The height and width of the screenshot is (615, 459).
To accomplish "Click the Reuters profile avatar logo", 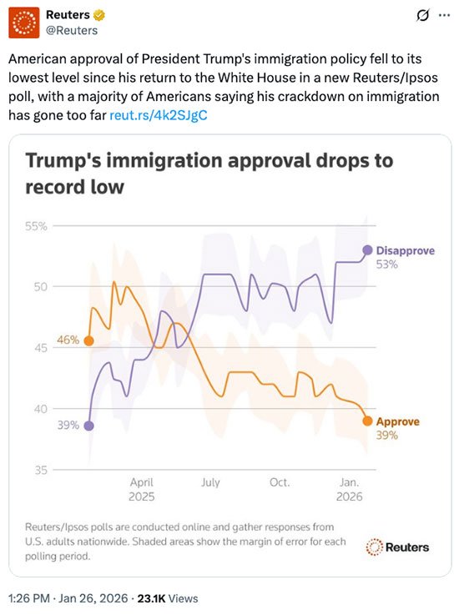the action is click(24, 23).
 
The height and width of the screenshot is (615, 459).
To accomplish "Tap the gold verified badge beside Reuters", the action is click(99, 15).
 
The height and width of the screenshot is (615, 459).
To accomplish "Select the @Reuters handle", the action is click(72, 31).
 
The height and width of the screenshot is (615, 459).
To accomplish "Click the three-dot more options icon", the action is click(444, 15).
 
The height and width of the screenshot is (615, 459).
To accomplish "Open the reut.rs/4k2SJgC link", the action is click(158, 115).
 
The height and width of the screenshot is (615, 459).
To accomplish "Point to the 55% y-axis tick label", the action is click(36, 226).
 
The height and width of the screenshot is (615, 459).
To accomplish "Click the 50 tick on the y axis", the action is click(40, 287).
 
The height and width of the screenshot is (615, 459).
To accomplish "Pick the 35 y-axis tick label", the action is click(40, 470).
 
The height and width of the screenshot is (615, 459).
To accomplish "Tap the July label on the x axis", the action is click(210, 482).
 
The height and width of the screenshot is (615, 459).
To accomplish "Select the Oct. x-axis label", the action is click(280, 482).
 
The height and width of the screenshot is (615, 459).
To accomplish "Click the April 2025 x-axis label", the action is click(142, 490).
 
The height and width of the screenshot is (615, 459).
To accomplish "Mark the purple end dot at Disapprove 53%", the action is click(367, 250).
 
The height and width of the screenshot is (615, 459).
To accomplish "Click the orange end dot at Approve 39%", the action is click(367, 421).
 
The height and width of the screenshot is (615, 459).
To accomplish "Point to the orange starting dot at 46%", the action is click(89, 340).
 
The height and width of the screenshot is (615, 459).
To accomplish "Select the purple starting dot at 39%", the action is click(89, 426).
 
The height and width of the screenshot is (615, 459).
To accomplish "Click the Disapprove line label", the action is click(406, 250).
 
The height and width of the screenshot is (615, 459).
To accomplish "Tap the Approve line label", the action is click(398, 421).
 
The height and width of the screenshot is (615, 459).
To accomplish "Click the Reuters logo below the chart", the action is click(397, 547).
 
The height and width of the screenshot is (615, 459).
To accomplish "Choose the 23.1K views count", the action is click(153, 598).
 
